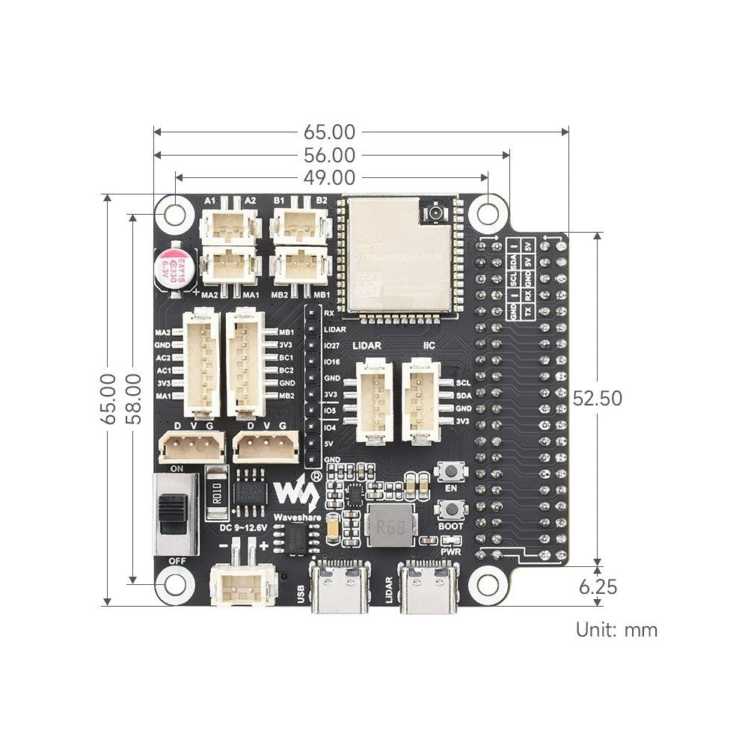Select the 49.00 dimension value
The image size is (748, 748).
pyautogui.click(x=329, y=177)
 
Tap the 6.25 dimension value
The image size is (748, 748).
pyautogui.click(x=598, y=587)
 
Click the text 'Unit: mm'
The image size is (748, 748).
pyautogui.click(x=616, y=629)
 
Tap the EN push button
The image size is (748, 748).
pyautogui.click(x=451, y=473)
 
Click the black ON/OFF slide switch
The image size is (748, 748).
pyautogui.click(x=175, y=514)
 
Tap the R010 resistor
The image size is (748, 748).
pyautogui.click(x=215, y=494)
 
